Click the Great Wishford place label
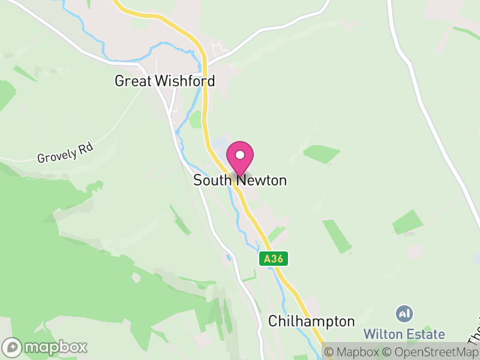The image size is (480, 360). [x=164, y=80]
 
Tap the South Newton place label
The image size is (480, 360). [x=240, y=180]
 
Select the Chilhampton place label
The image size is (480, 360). [x=311, y=321]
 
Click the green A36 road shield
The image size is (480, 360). [x=275, y=259]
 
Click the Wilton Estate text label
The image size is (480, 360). [x=404, y=334]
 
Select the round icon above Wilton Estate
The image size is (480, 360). [x=404, y=313]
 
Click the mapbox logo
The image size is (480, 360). [x=46, y=347]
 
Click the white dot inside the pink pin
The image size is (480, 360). [x=240, y=155]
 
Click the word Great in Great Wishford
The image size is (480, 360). [x=133, y=80]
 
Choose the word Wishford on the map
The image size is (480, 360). [x=184, y=80]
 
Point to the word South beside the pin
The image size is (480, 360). [x=213, y=180]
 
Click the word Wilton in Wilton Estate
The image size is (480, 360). [x=383, y=334]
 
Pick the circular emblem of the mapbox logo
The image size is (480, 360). [x=13, y=347]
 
